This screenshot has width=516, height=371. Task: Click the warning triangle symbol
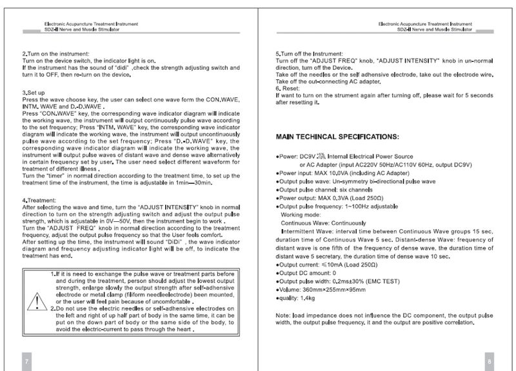(x=38, y=301)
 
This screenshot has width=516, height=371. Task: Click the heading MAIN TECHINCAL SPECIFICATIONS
(x=337, y=137)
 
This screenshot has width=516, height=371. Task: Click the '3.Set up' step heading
(x=34, y=93)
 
